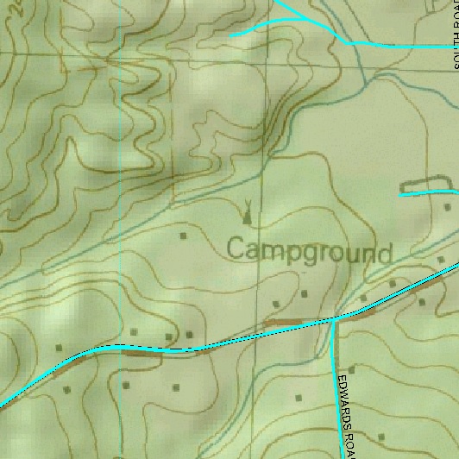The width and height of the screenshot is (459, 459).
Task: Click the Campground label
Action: click(309, 251)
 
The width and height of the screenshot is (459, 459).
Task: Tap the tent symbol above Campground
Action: click(248, 211)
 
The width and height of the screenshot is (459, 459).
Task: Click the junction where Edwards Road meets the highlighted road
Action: click(335, 318)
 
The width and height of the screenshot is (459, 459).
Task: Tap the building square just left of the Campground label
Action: click(182, 234)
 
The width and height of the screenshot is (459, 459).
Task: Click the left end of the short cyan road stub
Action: click(401, 194)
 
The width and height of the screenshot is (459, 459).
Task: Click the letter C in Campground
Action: click(236, 250)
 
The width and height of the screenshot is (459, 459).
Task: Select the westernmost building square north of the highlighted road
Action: click(59, 347)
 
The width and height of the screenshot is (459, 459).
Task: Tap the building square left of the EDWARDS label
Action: click(299, 398)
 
